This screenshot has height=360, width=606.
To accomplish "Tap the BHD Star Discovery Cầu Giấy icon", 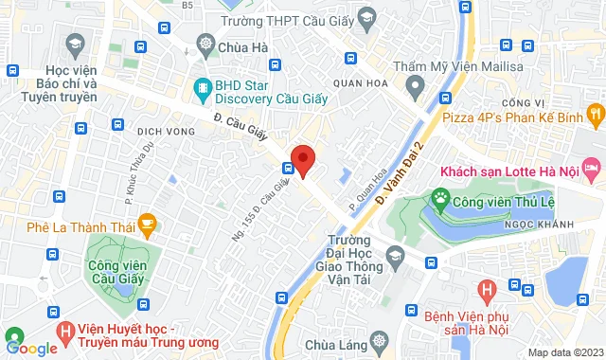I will [202, 90].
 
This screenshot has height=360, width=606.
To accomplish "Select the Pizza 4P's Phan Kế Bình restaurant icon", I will [594, 116].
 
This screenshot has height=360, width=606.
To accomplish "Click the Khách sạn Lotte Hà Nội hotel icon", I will [592, 172].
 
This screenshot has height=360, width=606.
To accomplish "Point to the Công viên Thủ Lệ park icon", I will [440, 198].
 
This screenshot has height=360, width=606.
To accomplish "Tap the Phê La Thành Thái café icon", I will [146, 225].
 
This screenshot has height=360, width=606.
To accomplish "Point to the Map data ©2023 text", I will [563, 352].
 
